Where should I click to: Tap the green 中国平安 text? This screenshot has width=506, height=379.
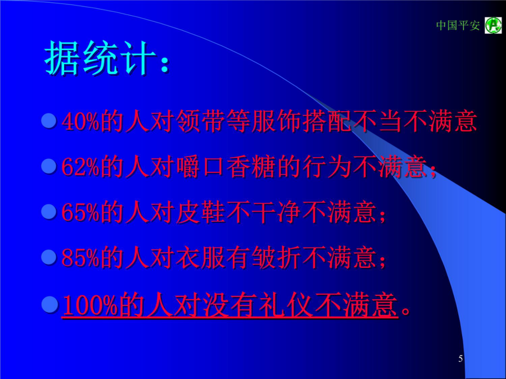click(x=458, y=25)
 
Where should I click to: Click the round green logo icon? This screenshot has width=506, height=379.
click(x=493, y=25)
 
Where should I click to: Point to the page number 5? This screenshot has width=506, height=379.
click(x=460, y=358)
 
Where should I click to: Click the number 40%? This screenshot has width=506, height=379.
click(x=80, y=121)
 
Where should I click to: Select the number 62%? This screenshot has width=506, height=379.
click(x=80, y=167)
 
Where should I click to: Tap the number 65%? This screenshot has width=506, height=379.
click(x=80, y=212)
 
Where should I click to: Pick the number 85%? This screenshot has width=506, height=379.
click(x=80, y=258)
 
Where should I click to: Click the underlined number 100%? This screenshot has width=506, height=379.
click(x=90, y=304)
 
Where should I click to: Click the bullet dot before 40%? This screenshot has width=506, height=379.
click(x=49, y=121)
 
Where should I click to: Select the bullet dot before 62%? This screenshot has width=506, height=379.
click(x=49, y=166)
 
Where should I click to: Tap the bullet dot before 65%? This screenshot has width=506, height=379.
click(x=49, y=212)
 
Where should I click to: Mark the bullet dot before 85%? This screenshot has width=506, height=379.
click(x=49, y=258)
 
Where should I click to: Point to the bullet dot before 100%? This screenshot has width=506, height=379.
click(x=50, y=304)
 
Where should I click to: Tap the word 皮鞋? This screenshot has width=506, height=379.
click(x=201, y=212)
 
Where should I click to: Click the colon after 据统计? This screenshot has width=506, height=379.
click(x=165, y=63)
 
